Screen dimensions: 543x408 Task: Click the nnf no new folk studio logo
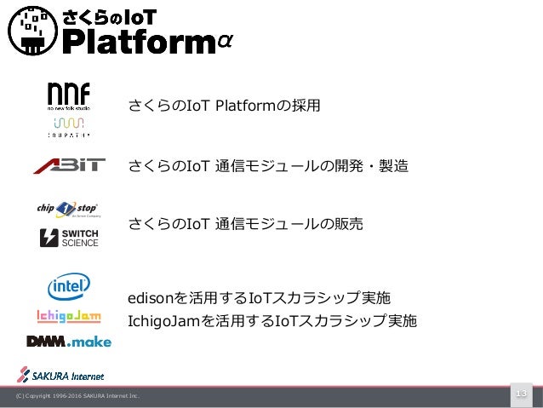69,96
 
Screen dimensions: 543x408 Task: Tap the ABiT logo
69,165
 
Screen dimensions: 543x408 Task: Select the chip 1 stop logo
68,209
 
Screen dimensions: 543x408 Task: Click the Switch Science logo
69,238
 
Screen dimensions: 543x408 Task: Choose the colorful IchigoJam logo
69,317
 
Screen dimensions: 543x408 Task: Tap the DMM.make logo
69,342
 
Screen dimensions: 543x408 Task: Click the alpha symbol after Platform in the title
226,42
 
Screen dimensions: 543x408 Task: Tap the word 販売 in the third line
349,224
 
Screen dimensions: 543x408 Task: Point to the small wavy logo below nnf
69,127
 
